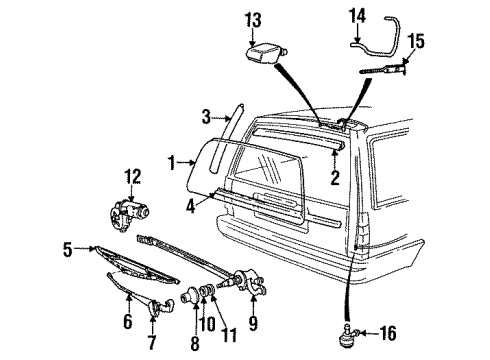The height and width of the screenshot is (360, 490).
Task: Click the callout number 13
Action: click(254, 19)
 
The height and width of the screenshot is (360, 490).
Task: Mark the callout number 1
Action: click(174, 161)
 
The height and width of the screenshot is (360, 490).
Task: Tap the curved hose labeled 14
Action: click(377, 41)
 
